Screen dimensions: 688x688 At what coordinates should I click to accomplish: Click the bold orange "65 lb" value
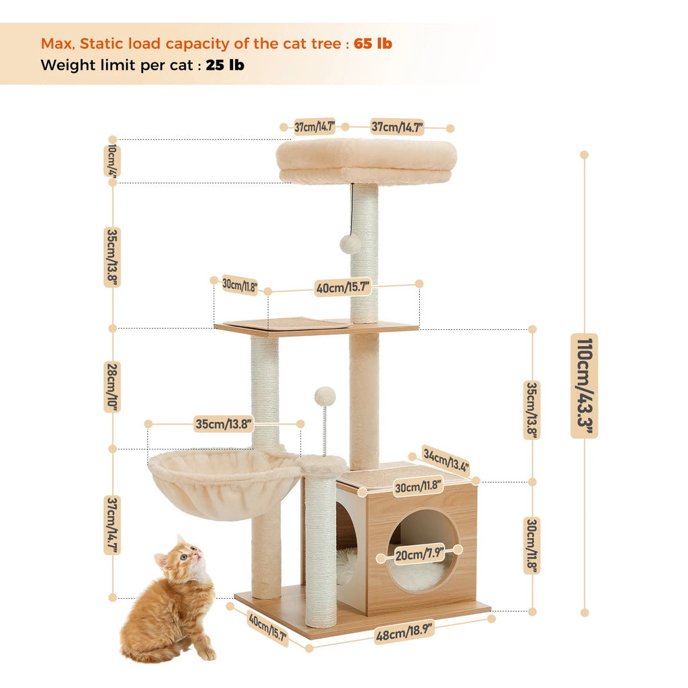[373, 44]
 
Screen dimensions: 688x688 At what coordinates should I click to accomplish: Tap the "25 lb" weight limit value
[225, 65]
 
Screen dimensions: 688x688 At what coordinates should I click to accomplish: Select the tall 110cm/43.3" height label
[584, 386]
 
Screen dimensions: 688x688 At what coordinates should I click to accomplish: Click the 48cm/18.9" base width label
[404, 631]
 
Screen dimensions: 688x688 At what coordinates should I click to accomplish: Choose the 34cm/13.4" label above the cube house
[445, 460]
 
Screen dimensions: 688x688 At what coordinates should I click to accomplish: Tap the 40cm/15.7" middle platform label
[343, 288]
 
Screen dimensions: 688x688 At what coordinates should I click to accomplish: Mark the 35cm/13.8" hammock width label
[224, 424]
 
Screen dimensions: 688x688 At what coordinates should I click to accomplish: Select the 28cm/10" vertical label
[112, 387]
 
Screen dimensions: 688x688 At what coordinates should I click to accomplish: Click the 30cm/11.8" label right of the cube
[532, 546]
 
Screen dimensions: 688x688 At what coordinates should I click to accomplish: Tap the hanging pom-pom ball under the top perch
[350, 243]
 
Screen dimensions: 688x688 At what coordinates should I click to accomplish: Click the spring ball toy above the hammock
[325, 396]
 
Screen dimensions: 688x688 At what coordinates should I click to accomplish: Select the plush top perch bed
[366, 161]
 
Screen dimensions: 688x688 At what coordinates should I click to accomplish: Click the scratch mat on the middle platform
[286, 323]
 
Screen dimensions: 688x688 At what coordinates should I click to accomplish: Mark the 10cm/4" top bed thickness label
[112, 161]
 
